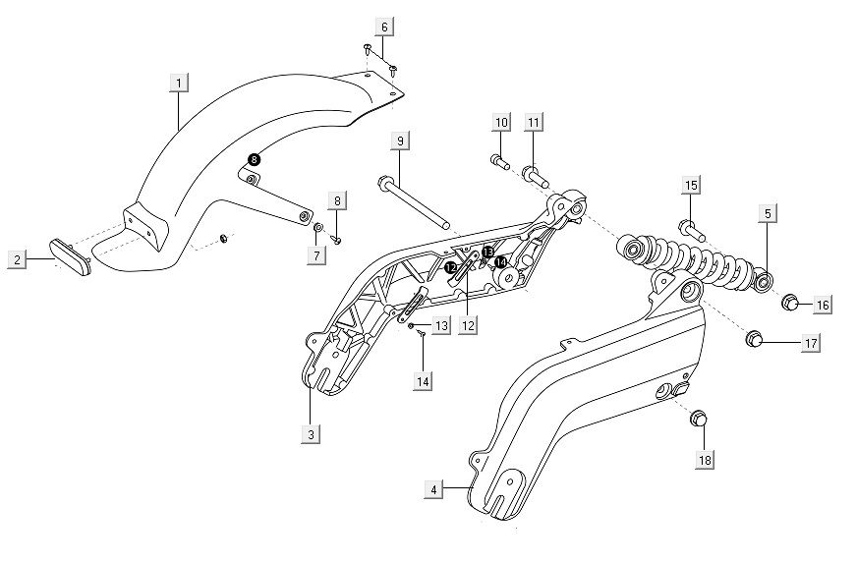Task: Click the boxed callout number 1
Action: click(x=178, y=84)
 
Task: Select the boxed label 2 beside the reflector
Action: click(x=17, y=259)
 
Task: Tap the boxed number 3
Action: click(x=311, y=433)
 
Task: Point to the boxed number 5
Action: click(x=767, y=212)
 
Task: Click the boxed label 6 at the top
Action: click(x=383, y=26)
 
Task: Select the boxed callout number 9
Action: click(x=400, y=142)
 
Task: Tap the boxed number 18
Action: click(x=705, y=459)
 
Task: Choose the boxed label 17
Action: click(x=811, y=343)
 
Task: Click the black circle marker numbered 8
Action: click(x=254, y=159)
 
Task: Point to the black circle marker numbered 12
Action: click(x=450, y=266)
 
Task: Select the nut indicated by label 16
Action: click(x=788, y=302)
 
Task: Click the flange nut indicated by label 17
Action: click(x=755, y=340)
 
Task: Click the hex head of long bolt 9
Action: click(x=383, y=182)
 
